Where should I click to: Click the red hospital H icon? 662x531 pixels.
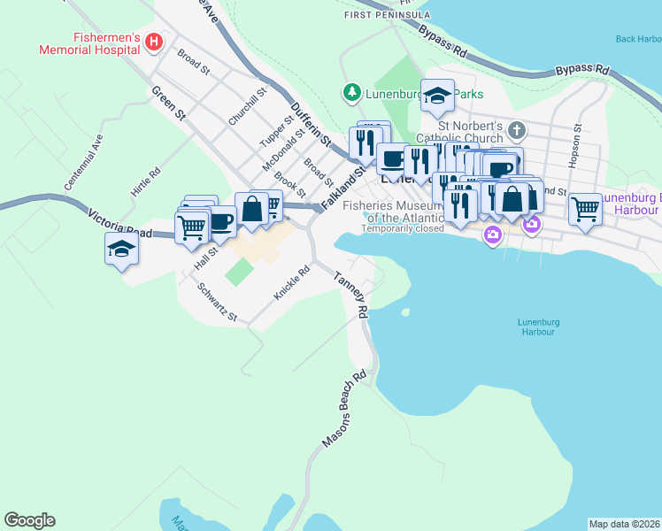(x=154, y=42)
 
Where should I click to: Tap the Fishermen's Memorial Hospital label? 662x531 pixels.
(x=89, y=43)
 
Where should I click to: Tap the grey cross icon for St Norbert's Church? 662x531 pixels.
(x=517, y=131)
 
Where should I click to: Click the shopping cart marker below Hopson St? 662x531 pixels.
(x=585, y=211)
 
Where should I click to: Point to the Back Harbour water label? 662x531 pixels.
(x=637, y=39)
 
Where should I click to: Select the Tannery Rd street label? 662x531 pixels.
(x=350, y=296)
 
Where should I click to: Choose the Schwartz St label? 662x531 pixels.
(x=217, y=302)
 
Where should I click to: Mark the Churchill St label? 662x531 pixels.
(x=247, y=107)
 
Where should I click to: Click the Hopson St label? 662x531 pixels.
(x=576, y=140)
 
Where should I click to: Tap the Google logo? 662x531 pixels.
(x=29, y=520)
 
